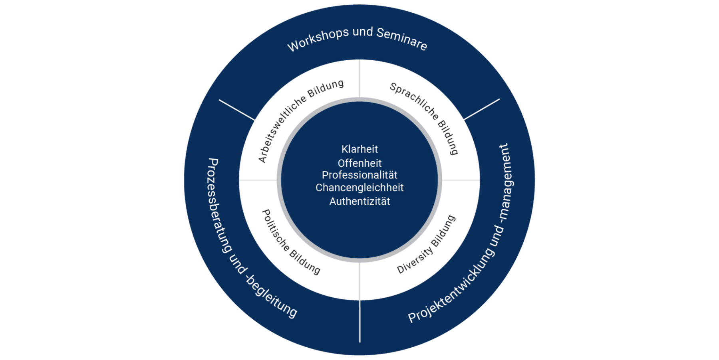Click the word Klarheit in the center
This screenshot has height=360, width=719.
(x=359, y=149)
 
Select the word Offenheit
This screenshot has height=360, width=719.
(x=359, y=163)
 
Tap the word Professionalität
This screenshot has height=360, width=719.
(x=359, y=175)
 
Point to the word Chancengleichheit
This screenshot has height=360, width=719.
(x=359, y=188)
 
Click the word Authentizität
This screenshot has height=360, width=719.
(x=359, y=202)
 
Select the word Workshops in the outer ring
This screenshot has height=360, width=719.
(x=318, y=40)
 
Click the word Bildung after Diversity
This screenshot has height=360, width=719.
(x=444, y=231)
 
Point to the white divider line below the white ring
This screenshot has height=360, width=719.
(x=359, y=321)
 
